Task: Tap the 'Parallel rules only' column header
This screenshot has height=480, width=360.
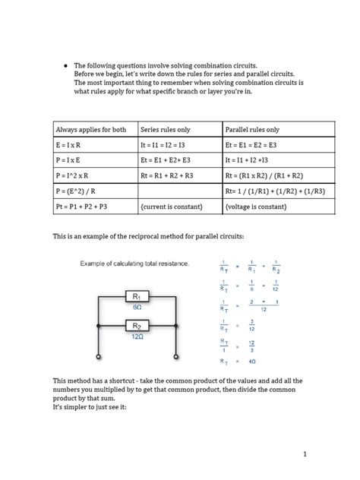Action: (252, 130)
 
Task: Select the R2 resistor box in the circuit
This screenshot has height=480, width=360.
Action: (137, 327)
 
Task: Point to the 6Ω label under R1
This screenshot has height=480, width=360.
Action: (137, 308)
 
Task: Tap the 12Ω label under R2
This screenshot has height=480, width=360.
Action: (137, 336)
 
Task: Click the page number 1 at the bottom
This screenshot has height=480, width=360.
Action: (304, 453)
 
